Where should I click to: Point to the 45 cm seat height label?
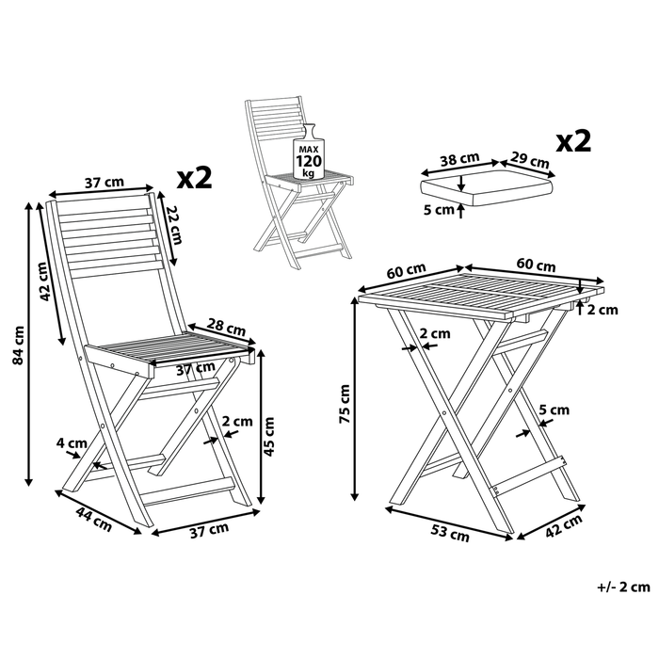tap(271, 435)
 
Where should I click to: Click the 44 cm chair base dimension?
tap(95, 519)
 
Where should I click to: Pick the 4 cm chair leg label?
tap(72, 442)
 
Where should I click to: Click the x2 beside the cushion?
tap(573, 141)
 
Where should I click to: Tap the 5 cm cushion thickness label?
tap(438, 210)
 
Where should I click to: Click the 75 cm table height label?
tap(346, 402)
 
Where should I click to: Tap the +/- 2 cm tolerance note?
tap(623, 587)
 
